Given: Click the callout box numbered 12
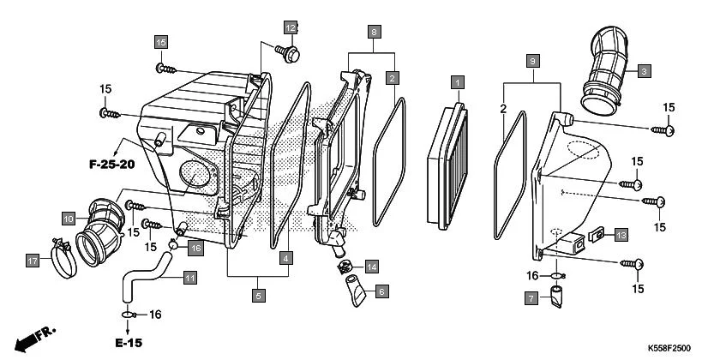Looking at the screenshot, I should coord(291,27).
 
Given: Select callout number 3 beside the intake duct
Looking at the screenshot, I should coord(643,70).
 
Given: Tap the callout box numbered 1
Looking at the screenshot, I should coord(458,82).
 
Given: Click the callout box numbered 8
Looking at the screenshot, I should coord(374,32).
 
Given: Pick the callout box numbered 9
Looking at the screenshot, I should coord(532,62).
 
